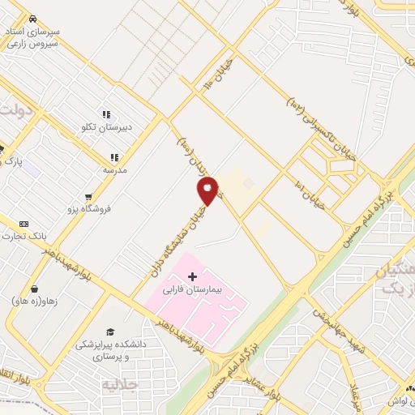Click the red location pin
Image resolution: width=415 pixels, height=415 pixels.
207,191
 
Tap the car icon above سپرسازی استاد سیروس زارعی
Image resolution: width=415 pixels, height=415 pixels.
32,18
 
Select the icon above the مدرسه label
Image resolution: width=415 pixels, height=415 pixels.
114,157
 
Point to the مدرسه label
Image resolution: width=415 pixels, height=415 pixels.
114,170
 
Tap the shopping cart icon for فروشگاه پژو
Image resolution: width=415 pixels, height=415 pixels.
88,196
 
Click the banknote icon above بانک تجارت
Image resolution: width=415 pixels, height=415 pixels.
23,223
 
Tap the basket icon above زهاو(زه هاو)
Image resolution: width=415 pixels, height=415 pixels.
35,289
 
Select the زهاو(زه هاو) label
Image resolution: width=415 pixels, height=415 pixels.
33,302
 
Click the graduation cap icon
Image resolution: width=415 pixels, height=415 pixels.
110,331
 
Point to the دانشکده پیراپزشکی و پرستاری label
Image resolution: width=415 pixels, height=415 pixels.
110,350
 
